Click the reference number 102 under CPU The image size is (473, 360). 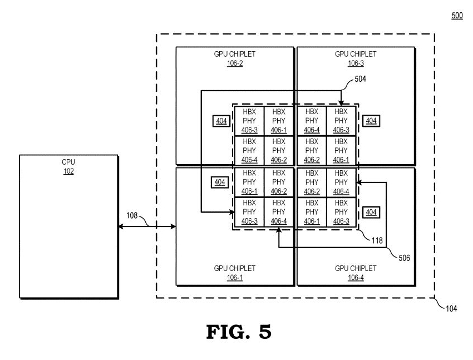point(68,171)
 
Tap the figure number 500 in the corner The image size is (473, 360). point(456,16)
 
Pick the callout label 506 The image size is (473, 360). point(405,258)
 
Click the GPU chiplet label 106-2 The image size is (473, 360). point(235,63)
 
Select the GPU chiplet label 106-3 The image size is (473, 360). point(356,63)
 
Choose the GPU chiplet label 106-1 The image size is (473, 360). point(235,277)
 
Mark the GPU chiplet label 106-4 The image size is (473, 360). point(356,277)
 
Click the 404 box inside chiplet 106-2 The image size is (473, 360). point(221,120)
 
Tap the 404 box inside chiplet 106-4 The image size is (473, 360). point(370,212)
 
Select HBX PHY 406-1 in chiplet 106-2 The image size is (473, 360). point(279,120)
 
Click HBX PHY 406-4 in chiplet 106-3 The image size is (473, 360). point(312,120)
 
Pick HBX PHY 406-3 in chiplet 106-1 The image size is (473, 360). point(249,212)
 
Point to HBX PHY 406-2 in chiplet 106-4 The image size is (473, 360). point(312,182)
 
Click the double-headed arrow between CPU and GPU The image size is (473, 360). point(147,226)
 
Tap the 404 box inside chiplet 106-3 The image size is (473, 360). point(370,120)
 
